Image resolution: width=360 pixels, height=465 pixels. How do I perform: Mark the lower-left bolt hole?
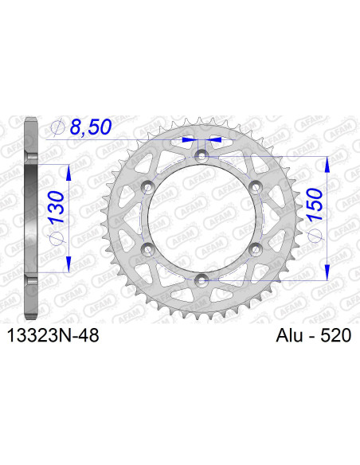point(148,248)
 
